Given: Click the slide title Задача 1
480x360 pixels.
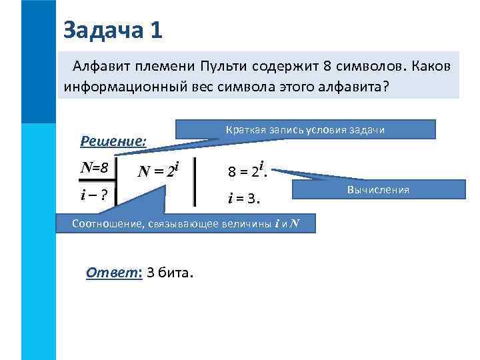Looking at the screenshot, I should (113, 29).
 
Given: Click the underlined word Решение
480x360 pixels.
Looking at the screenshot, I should (113, 141).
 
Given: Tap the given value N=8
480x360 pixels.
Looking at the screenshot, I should (94, 167).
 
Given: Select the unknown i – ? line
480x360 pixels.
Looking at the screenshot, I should (94, 195).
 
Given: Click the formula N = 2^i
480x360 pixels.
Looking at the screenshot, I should (159, 171).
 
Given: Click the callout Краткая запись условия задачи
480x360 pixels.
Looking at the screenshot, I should (305, 129).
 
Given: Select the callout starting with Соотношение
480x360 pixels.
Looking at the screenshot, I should (185, 223).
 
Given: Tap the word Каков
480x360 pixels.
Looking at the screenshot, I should (431, 67).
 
